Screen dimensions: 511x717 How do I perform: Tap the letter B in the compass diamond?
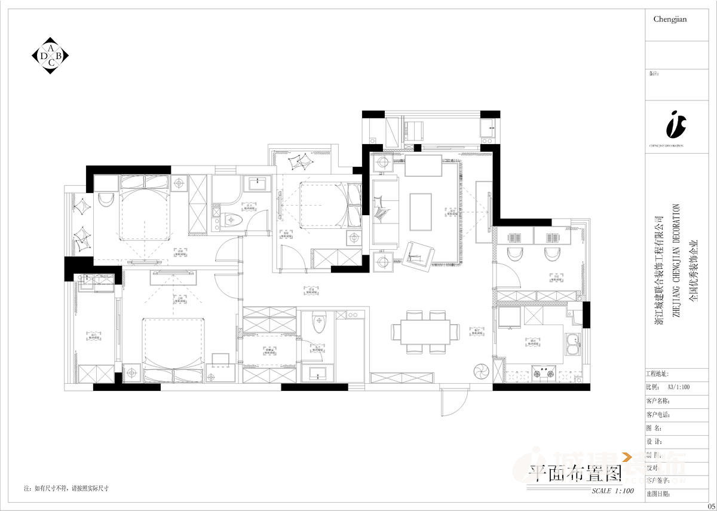tap(58, 55)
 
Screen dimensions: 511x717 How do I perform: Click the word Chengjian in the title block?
tap(670, 19)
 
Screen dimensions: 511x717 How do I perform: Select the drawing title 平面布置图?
tap(575, 473)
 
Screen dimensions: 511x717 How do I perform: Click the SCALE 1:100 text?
tap(612, 491)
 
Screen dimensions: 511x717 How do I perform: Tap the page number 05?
tap(712, 506)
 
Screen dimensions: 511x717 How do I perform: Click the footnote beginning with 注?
tap(66, 488)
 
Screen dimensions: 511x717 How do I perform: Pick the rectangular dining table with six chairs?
tap(425, 332)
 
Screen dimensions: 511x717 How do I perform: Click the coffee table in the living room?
tap(422, 210)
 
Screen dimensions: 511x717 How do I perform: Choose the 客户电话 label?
tap(660, 414)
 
